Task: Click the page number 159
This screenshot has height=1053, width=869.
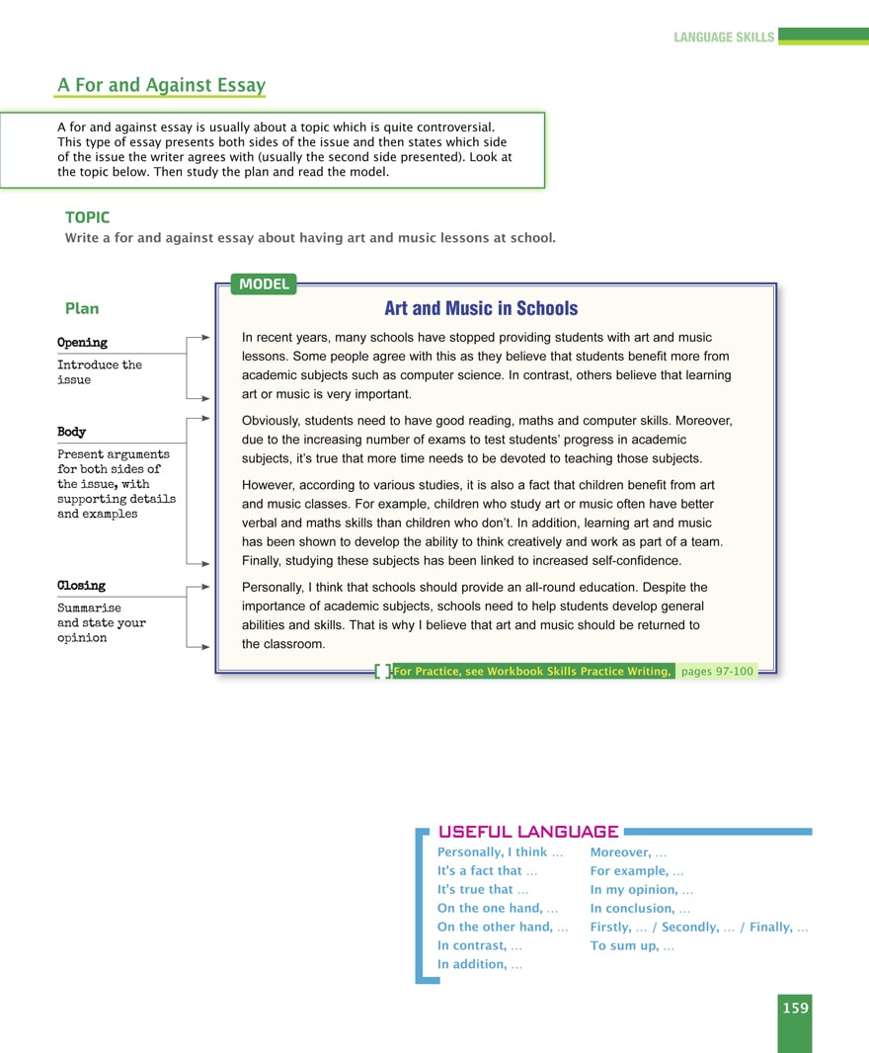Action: (795, 1008)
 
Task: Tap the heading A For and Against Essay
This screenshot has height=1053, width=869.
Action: (161, 85)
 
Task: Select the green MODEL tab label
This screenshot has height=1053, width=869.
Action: (264, 284)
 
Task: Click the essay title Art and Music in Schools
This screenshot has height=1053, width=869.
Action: (481, 308)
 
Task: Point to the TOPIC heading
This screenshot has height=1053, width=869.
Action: (87, 217)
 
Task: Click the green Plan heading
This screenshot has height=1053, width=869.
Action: (82, 308)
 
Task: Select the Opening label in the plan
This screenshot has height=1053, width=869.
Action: (82, 343)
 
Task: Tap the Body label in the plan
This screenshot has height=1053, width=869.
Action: (71, 432)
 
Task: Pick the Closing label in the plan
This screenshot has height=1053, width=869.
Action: (81, 586)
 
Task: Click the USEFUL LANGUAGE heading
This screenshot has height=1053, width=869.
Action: (528, 832)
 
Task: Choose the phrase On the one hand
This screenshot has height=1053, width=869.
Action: (498, 908)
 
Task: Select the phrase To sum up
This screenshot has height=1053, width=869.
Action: (632, 945)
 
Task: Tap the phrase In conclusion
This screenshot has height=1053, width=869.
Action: (640, 908)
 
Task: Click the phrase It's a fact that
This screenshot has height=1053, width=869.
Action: (487, 870)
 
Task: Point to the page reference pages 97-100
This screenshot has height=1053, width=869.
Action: (717, 672)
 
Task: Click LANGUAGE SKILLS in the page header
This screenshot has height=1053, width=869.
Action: (724, 38)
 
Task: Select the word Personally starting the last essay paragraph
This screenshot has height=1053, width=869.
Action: (273, 588)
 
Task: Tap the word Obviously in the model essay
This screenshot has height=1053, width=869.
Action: (273, 421)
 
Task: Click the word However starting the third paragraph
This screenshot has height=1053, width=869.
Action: (270, 485)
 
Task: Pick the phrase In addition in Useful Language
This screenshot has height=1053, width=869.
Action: (479, 964)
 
